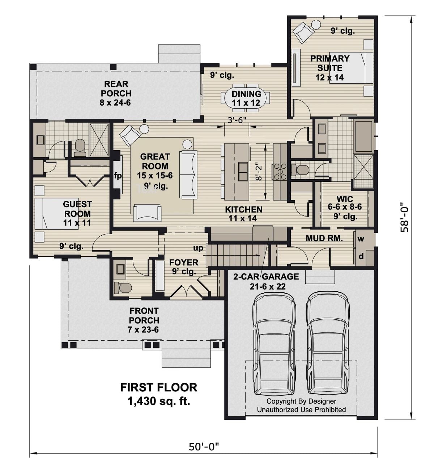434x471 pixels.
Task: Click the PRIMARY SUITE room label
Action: pyautogui.click(x=329, y=68)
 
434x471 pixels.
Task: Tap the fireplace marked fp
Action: pyautogui.click(x=118, y=176)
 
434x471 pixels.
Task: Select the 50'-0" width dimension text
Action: pyautogui.click(x=204, y=447)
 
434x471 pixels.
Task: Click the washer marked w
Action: pyautogui.click(x=361, y=239)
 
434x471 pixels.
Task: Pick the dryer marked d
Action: pyautogui.click(x=361, y=257)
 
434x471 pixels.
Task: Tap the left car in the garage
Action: pyautogui.click(x=274, y=344)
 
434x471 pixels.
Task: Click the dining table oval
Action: pyautogui.click(x=246, y=98)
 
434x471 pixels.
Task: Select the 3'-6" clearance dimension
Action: pyautogui.click(x=237, y=120)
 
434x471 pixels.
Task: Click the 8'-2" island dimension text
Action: pyautogui.click(x=258, y=172)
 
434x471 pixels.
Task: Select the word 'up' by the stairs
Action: pyautogui.click(x=198, y=248)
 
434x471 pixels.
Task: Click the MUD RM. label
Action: pyautogui.click(x=324, y=238)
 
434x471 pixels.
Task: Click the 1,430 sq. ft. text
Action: pyautogui.click(x=158, y=401)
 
